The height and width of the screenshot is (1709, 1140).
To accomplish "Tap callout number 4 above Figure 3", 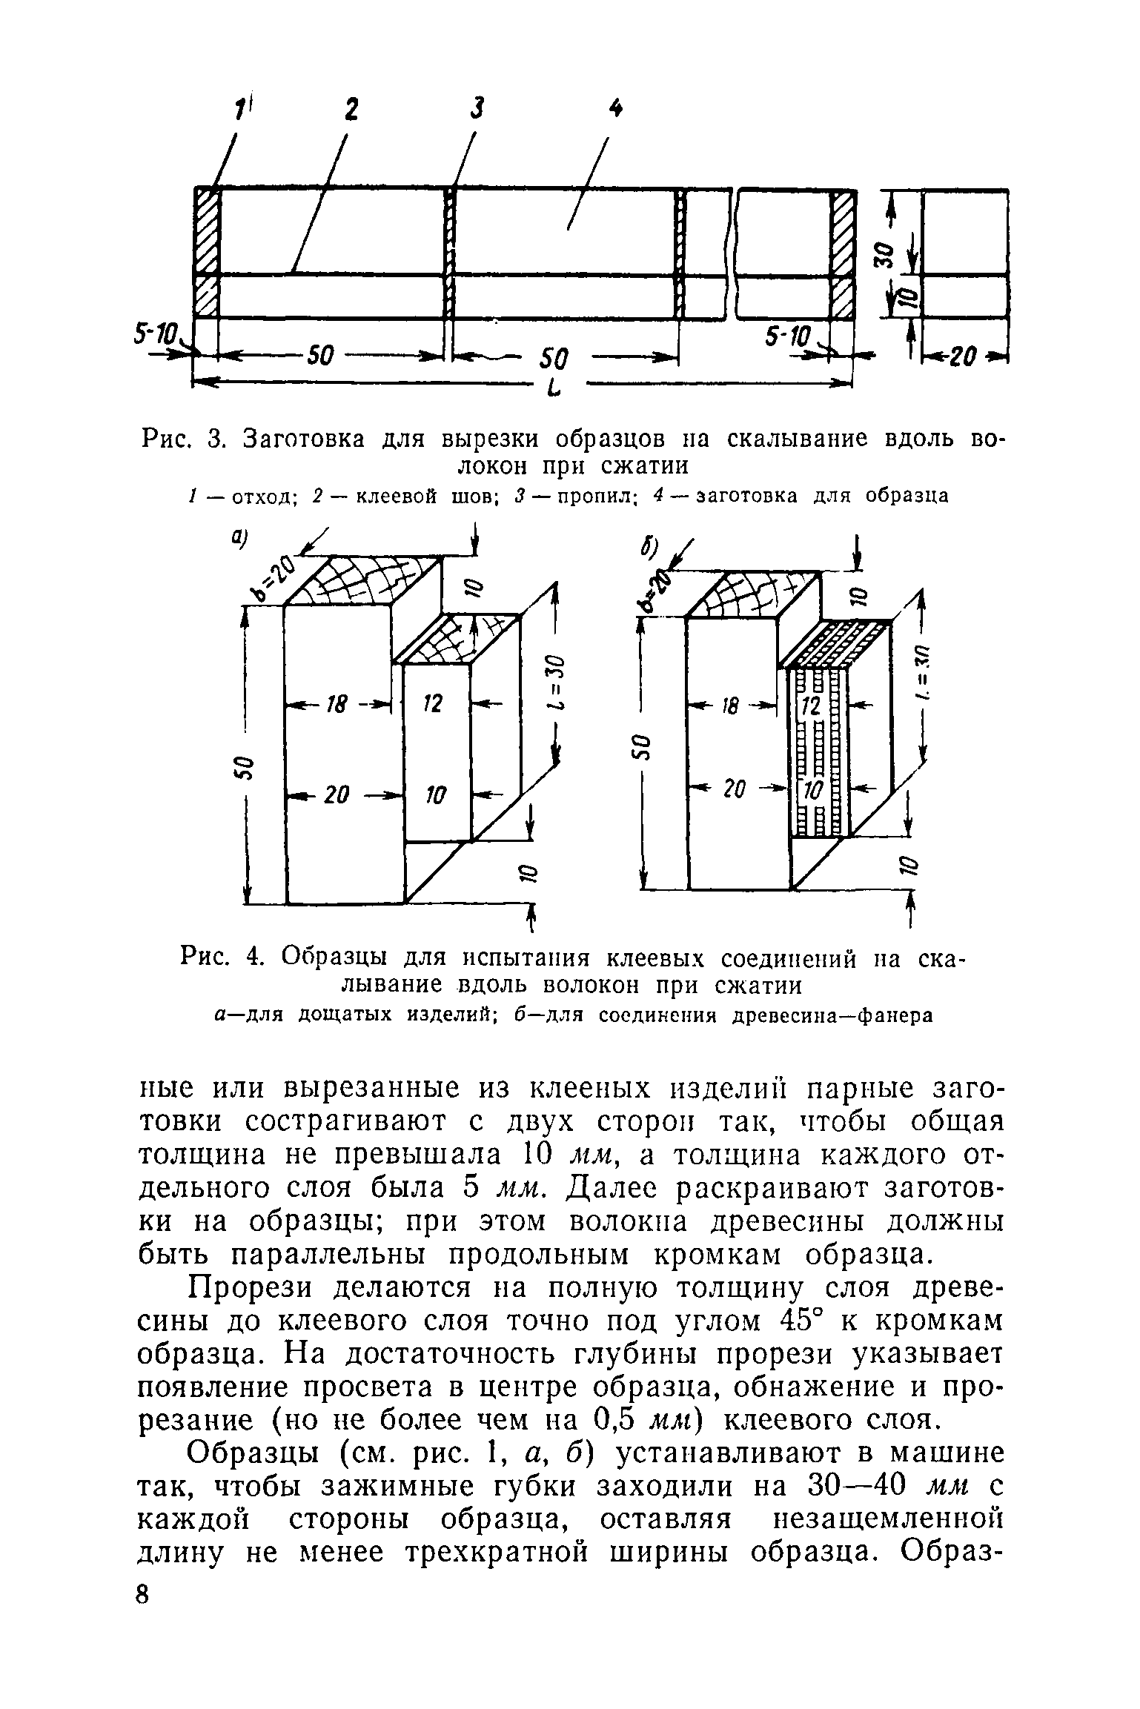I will point(614,109).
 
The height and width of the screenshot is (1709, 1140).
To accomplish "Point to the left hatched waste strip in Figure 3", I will point(207,252).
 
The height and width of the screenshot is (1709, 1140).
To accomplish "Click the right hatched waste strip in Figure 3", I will point(842,252).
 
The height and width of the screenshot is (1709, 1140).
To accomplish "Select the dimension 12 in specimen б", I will point(811,706).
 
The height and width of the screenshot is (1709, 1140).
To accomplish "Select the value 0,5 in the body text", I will point(618,1419).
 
